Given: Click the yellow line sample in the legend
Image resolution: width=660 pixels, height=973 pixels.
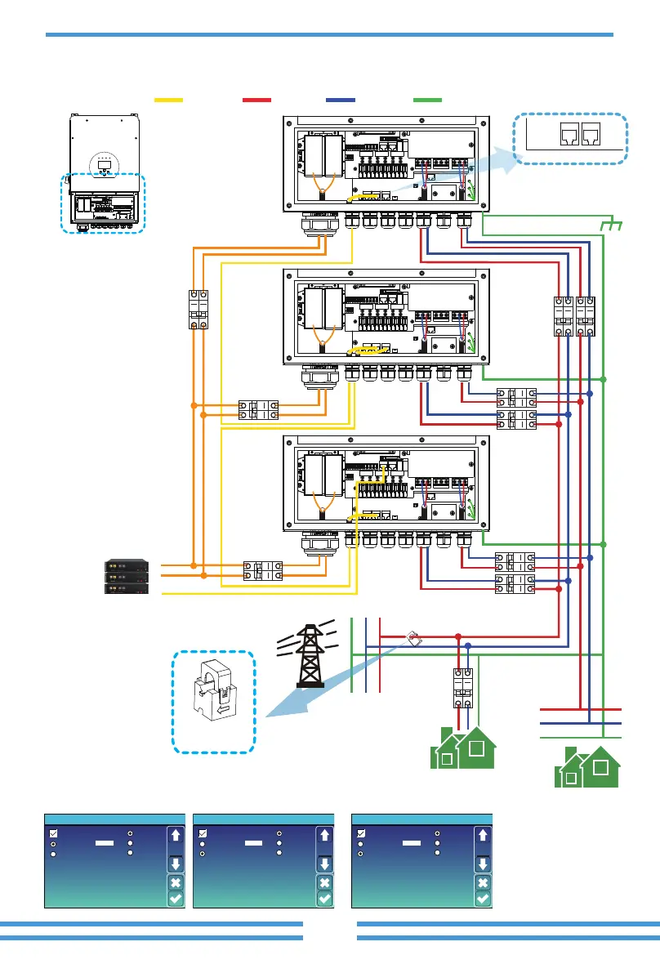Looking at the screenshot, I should click(168, 100).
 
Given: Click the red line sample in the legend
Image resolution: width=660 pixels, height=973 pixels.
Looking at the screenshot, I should click(256, 100).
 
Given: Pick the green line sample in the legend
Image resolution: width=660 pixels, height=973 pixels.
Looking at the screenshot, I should click(427, 100).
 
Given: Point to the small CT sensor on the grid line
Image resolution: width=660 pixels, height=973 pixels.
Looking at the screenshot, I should click(412, 637).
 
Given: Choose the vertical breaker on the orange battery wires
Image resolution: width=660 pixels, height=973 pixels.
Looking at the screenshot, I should click(198, 310).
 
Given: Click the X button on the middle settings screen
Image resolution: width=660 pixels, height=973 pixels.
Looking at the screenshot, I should click(324, 882).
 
